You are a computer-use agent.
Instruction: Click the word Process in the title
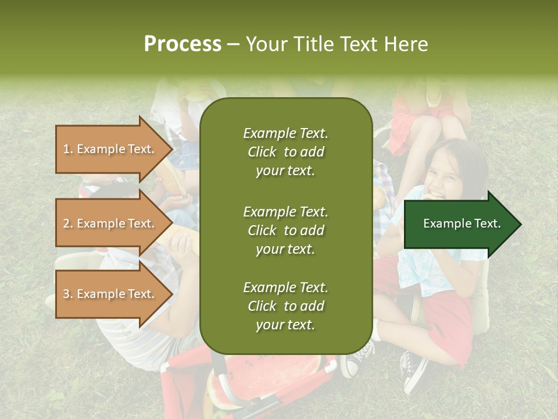[x=183, y=44]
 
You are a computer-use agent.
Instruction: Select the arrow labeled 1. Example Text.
[x=110, y=149]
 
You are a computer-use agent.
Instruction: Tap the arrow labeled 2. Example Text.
[x=110, y=223]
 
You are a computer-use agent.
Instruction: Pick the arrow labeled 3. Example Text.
[x=110, y=294]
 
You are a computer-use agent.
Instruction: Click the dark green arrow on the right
[x=459, y=224]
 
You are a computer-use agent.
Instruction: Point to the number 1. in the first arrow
[x=68, y=149]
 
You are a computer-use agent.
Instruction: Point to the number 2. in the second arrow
[x=68, y=223]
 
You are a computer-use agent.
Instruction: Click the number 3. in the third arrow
[x=68, y=294]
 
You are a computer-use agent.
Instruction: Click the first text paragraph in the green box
[x=285, y=152]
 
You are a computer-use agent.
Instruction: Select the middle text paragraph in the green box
[x=285, y=230]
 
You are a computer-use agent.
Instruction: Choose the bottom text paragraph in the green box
[x=285, y=306]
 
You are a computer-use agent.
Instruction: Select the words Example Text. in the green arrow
[x=462, y=223]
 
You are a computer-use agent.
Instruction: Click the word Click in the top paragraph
[x=262, y=152]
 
